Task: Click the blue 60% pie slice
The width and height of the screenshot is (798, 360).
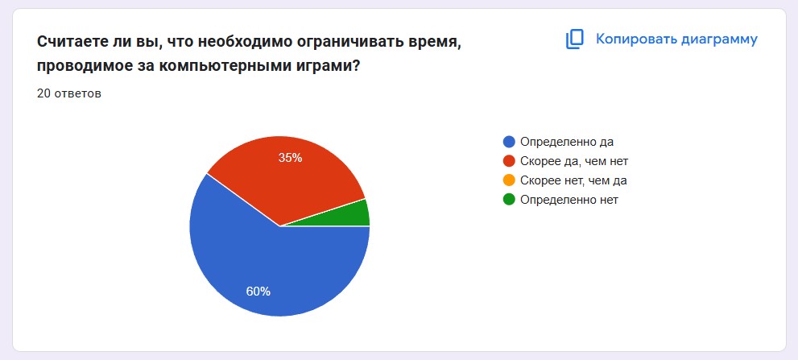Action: point(265,265)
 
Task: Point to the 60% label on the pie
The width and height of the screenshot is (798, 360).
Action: point(258,292)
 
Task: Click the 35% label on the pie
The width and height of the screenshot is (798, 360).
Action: point(290,158)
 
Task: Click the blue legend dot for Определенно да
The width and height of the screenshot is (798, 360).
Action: point(508,142)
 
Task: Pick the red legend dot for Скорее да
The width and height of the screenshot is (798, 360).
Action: point(508,161)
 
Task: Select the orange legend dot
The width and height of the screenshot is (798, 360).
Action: point(508,180)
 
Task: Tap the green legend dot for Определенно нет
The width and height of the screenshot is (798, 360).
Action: point(508,200)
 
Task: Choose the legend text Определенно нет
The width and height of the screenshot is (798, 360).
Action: point(569,200)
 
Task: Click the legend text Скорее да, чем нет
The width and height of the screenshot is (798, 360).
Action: point(574,161)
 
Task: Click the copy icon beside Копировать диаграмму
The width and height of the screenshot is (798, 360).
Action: point(575,39)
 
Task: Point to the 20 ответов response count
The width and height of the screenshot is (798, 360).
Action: point(69,93)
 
